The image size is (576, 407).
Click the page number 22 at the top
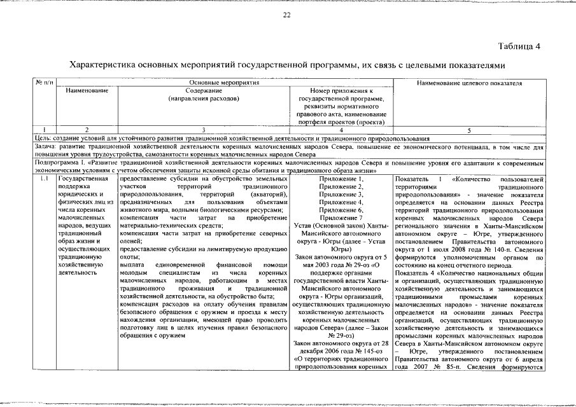287,15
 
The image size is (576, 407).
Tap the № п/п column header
44,83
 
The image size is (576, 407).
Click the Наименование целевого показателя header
469,83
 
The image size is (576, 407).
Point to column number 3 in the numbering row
203,130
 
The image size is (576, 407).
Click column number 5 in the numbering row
469,130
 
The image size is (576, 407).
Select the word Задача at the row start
45,146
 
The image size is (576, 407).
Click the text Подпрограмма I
59,163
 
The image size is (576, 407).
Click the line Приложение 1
342,180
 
